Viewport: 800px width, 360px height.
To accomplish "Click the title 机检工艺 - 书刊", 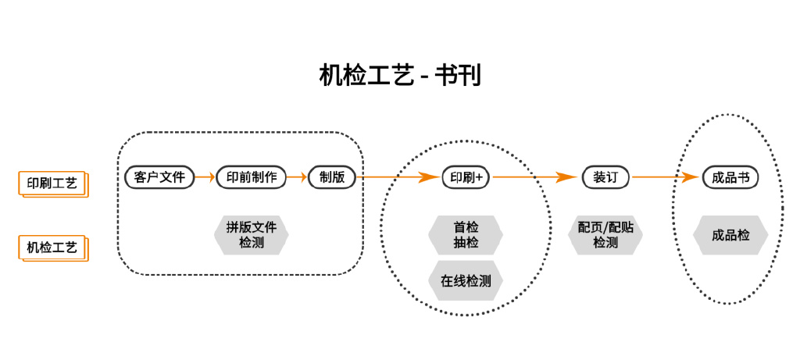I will [x=399, y=75].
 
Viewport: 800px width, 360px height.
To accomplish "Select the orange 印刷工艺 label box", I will [x=52, y=184].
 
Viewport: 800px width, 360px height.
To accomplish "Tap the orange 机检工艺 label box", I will [x=52, y=248].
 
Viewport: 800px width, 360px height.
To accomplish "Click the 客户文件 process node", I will [x=159, y=177].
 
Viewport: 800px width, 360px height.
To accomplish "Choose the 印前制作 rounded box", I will [x=252, y=177].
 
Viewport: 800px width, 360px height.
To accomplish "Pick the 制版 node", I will [x=332, y=177].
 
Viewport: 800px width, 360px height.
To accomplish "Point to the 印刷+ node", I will [x=466, y=177].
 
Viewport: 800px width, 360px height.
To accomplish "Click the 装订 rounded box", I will [x=605, y=177].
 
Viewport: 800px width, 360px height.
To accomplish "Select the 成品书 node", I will [x=730, y=177].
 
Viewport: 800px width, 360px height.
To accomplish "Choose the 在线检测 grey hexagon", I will [x=466, y=281].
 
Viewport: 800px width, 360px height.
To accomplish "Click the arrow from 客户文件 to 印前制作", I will [x=205, y=177].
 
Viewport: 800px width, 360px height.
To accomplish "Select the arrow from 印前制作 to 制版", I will [x=298, y=177].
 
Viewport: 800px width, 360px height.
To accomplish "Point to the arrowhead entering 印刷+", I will [x=430, y=177].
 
